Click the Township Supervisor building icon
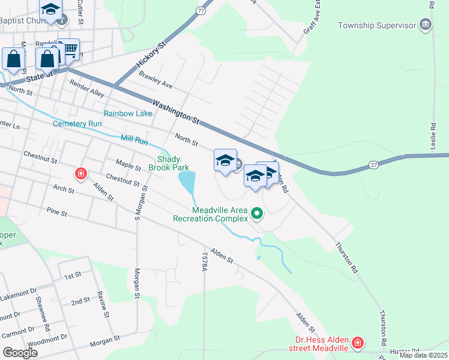click(426, 25)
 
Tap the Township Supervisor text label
click(377, 25)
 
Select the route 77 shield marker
click(200, 11)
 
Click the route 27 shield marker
click(373, 164)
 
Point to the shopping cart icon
click(71, 49)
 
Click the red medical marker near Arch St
click(80, 175)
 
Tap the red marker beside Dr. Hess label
click(358, 343)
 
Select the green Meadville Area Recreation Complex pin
click(257, 213)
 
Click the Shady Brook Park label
click(173, 163)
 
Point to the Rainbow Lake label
click(128, 113)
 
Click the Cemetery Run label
click(77, 124)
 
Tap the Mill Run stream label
click(134, 139)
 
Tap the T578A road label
click(205, 263)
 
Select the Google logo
click(20, 353)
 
